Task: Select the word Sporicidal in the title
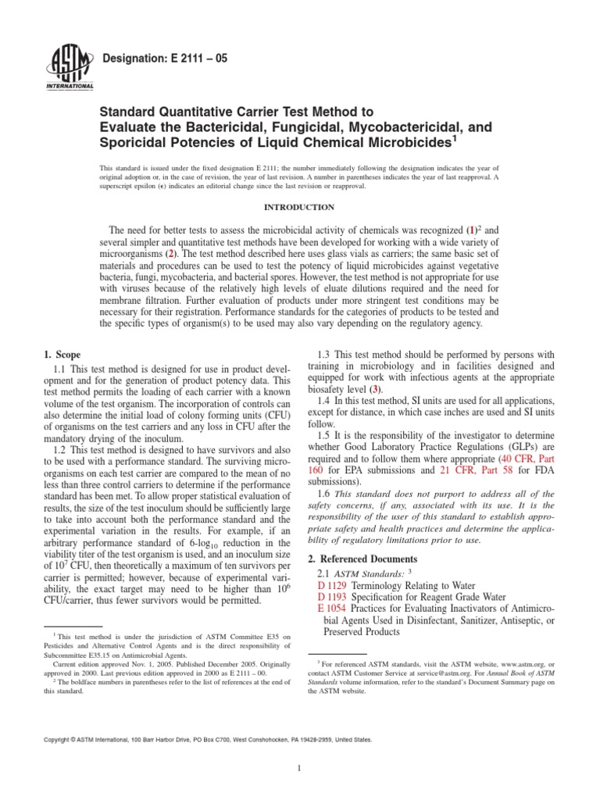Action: (136, 144)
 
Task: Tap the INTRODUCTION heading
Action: (299, 207)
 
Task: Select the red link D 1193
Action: (333, 598)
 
